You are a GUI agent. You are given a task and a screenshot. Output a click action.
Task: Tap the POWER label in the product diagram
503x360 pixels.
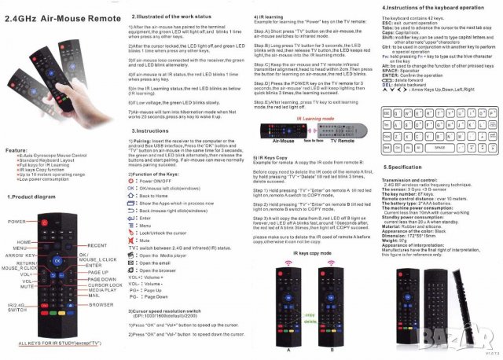(17, 222)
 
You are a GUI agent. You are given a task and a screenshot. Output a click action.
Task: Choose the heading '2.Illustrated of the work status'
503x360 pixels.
(167, 14)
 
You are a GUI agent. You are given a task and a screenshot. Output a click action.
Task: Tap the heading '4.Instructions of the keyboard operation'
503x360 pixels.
(432, 7)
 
